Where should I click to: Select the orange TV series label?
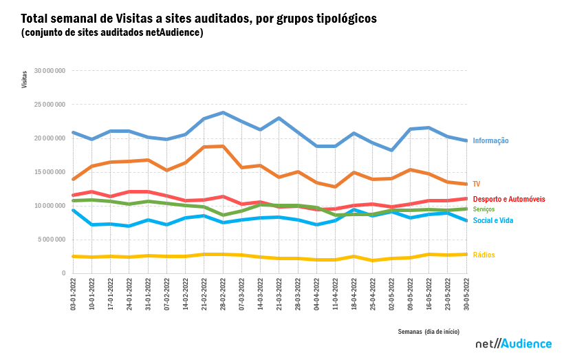point(476,184)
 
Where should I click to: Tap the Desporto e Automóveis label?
point(509,199)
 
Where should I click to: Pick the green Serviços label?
point(484,209)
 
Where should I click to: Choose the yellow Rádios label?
point(484,255)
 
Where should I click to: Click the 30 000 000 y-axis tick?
point(50,71)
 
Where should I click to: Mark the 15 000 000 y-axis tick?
point(50,172)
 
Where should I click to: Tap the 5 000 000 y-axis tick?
point(52,240)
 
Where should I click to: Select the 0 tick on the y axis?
point(63,273)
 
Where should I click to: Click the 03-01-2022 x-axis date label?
point(74,293)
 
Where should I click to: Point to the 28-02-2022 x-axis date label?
point(223,293)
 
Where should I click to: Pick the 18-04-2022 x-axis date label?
point(354,293)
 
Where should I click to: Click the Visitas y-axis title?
point(25,78)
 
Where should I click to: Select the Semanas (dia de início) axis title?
point(430,331)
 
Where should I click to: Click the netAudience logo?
point(514,343)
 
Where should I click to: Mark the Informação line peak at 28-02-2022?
point(223,112)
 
